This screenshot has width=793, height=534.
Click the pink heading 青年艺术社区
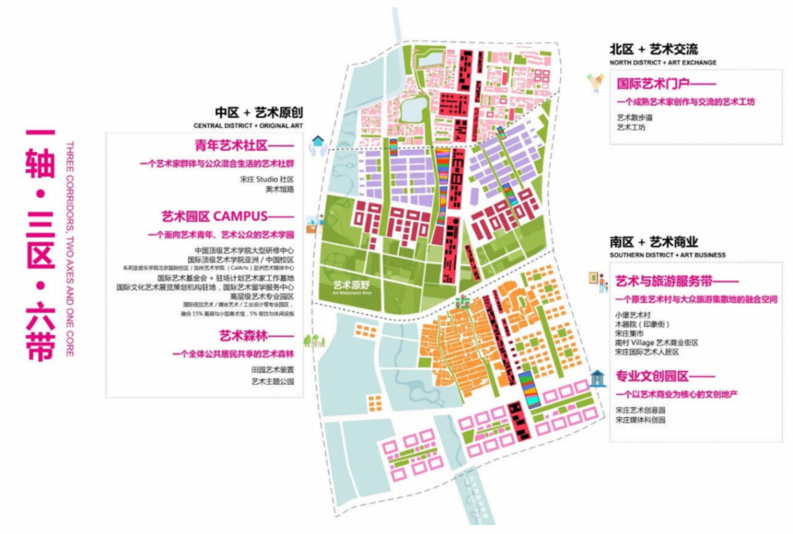click(x=232, y=145)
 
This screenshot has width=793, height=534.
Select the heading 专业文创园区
click(x=654, y=376)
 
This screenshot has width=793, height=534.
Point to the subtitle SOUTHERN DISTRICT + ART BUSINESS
click(x=667, y=255)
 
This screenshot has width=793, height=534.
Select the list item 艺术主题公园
click(x=272, y=382)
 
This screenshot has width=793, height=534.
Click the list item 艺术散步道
click(x=634, y=117)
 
